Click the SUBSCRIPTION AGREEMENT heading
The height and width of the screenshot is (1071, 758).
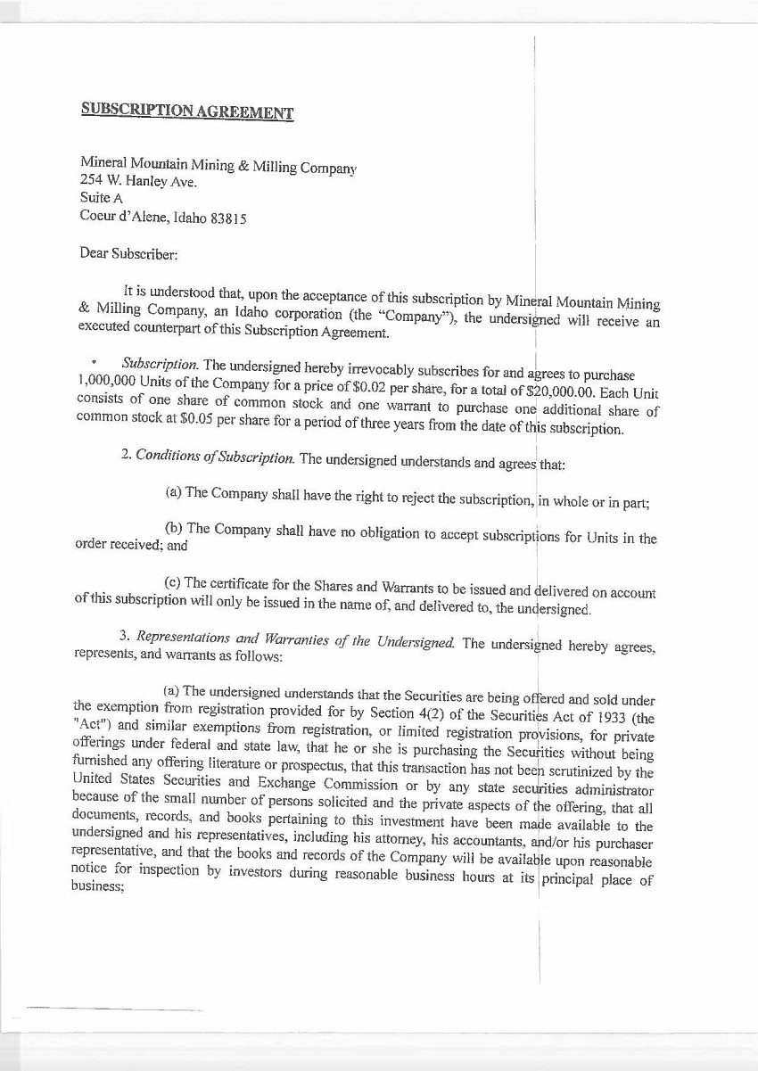pos(187,111)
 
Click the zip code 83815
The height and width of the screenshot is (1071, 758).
pos(228,218)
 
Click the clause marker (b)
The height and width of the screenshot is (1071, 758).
pos(174,528)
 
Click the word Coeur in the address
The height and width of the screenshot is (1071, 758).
pos(97,216)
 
